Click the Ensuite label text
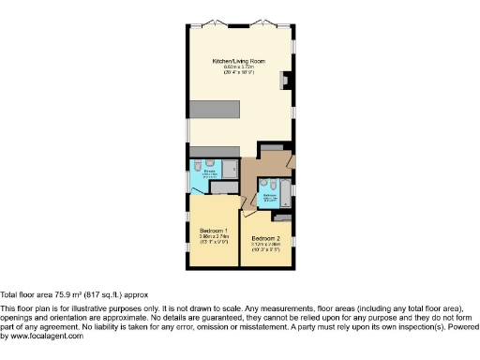(211, 171)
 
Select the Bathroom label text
(269, 195)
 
